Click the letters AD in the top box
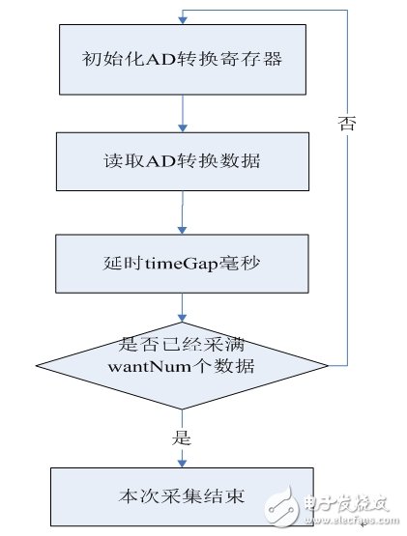pyautogui.click(x=156, y=62)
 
